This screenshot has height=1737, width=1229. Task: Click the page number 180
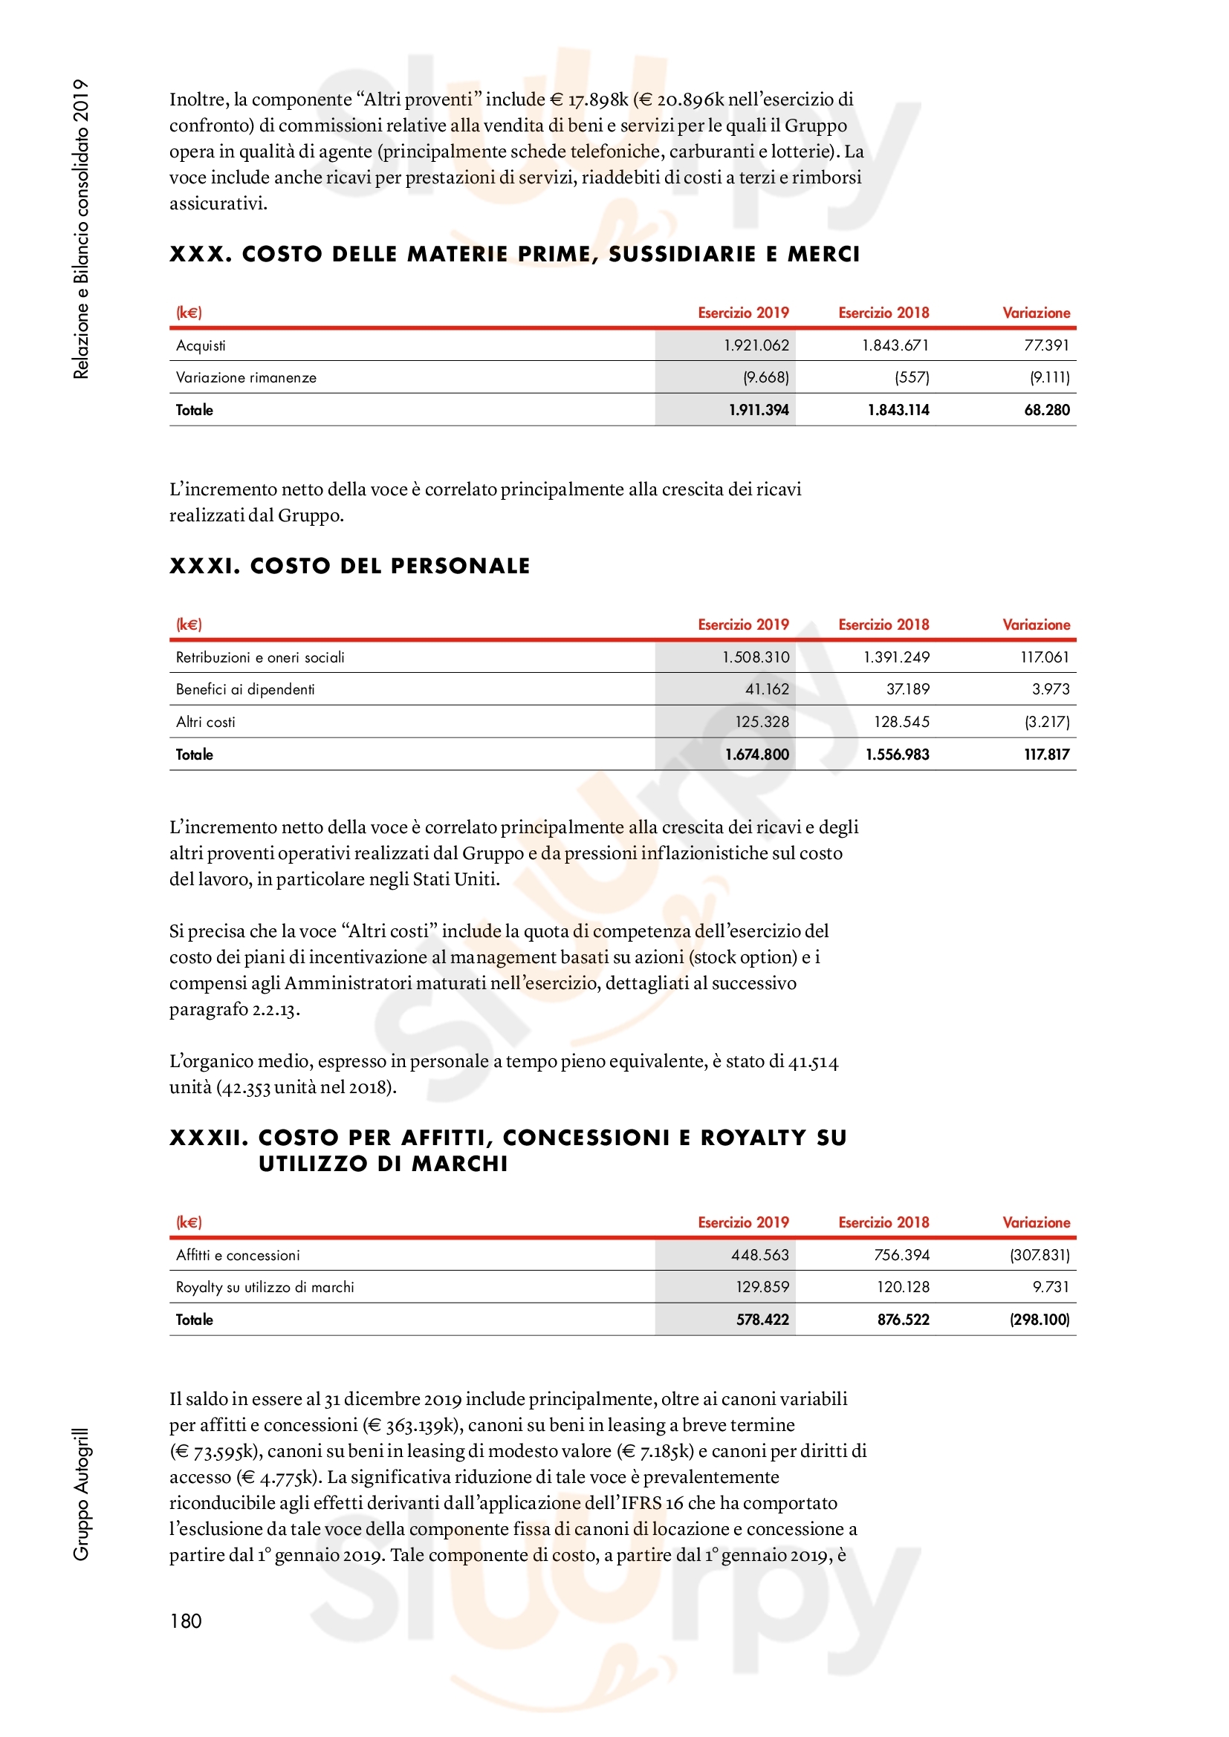click(186, 1620)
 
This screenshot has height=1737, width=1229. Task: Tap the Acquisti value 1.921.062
click(756, 346)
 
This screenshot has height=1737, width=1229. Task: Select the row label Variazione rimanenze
click(246, 377)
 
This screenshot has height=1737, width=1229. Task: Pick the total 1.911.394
click(759, 410)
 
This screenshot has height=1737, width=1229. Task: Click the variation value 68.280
click(1047, 410)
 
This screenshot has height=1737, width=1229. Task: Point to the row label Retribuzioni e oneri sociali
click(259, 657)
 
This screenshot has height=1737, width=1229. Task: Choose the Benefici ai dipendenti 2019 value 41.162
click(767, 689)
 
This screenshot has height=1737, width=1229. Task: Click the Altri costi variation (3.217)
click(1047, 722)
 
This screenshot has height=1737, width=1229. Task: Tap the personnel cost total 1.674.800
click(756, 755)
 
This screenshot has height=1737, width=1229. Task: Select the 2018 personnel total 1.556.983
click(898, 755)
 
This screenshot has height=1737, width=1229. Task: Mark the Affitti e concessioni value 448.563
click(760, 1255)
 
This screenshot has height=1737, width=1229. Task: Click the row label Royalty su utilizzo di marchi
click(265, 1287)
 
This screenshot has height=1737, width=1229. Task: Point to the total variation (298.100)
click(1039, 1320)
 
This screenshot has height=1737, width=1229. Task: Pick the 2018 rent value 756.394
click(901, 1255)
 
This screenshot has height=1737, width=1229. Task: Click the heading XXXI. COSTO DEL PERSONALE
click(350, 566)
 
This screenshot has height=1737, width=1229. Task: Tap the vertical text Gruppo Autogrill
click(81, 1494)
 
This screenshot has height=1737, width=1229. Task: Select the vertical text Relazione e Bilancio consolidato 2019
click(81, 229)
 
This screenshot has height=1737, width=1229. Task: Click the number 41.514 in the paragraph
click(813, 1062)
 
